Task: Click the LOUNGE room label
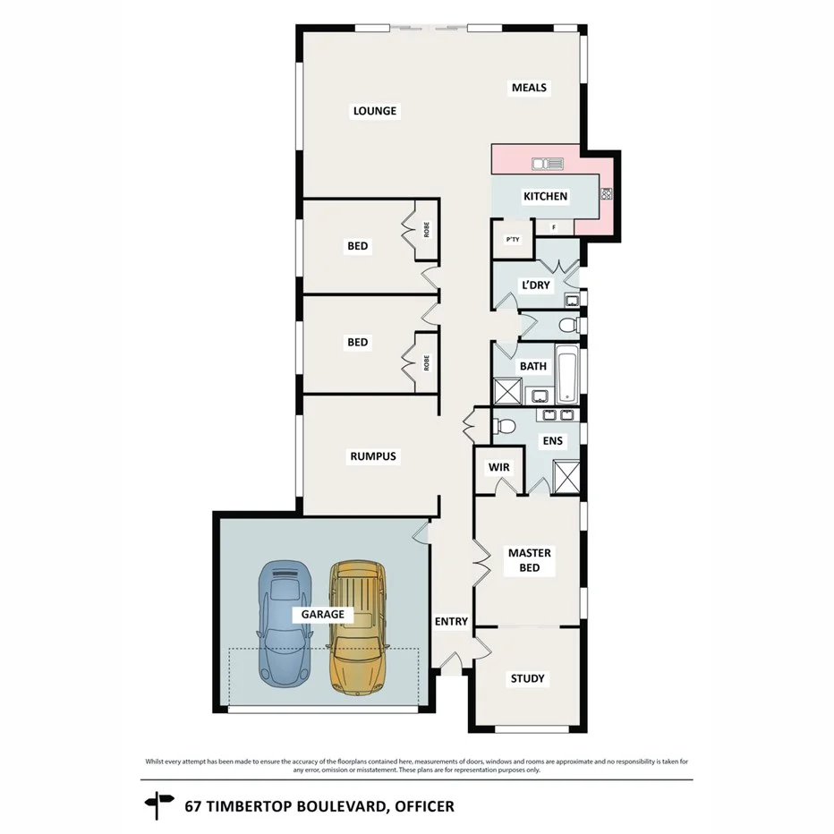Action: click(375, 111)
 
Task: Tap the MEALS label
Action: click(529, 88)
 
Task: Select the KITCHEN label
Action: click(545, 196)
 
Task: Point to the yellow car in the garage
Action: click(358, 626)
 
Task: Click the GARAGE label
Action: click(323, 615)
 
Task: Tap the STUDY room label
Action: click(527, 678)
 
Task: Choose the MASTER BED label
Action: click(530, 559)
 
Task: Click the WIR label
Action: click(498, 467)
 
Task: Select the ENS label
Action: click(552, 441)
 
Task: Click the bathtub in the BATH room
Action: click(566, 376)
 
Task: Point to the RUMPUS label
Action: click(372, 456)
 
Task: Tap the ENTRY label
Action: click(452, 621)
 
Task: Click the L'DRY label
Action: click(536, 285)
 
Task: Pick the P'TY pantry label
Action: click(513, 239)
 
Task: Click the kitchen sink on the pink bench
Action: click(548, 164)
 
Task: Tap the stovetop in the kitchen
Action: click(606, 192)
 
